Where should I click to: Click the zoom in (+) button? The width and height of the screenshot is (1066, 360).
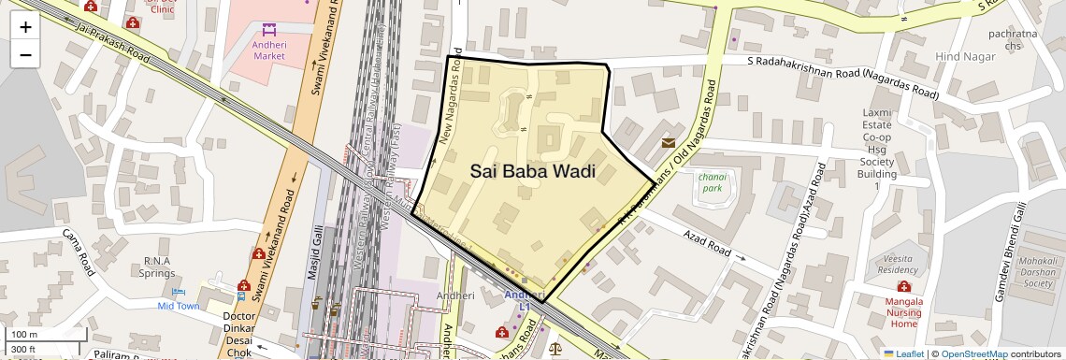pos(25,27)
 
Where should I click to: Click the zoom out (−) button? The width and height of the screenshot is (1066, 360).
pos(25,55)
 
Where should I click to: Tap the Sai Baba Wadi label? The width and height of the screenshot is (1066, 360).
pos(533,171)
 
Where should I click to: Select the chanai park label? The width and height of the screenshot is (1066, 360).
pos(712,181)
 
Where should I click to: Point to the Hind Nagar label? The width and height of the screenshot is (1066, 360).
pos(961,57)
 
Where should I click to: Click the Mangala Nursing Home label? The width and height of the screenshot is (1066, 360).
pos(904,312)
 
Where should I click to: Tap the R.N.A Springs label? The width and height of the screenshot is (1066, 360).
pos(158,266)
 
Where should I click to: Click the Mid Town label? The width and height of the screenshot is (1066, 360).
pos(178,306)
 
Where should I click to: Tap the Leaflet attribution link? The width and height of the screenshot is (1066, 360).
pos(904,354)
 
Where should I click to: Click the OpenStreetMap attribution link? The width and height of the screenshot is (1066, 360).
pos(973,354)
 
